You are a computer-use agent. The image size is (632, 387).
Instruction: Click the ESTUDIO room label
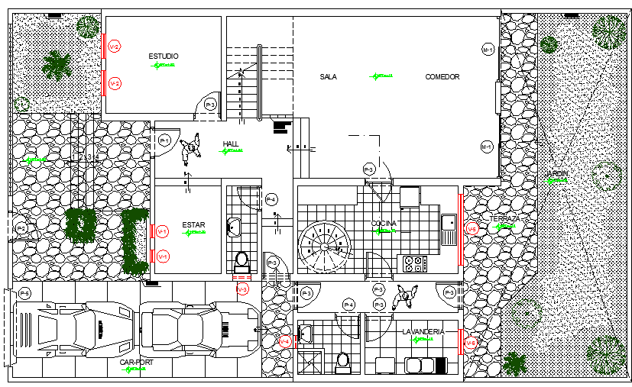163,56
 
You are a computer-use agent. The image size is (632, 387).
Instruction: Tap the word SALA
329,77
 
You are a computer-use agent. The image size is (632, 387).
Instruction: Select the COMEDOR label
442,77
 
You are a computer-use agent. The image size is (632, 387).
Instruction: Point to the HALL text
231,144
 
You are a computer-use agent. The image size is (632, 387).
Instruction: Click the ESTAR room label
193,225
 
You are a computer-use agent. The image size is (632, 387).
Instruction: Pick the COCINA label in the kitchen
384,224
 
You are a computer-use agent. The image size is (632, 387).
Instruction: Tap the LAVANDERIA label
423,331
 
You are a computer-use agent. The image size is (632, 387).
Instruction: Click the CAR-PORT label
136,363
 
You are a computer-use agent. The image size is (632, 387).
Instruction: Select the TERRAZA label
504,219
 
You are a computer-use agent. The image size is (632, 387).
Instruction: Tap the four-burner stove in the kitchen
414,264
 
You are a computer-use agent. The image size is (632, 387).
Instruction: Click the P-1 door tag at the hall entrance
164,140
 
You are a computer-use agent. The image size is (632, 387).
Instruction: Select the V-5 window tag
472,228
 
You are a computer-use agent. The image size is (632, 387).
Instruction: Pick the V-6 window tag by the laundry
471,343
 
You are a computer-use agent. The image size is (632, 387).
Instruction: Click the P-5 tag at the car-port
24,294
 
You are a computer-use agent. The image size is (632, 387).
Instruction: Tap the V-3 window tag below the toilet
242,290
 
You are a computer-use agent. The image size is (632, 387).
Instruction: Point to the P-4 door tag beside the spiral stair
271,200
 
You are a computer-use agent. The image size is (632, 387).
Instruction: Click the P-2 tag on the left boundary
21,228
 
